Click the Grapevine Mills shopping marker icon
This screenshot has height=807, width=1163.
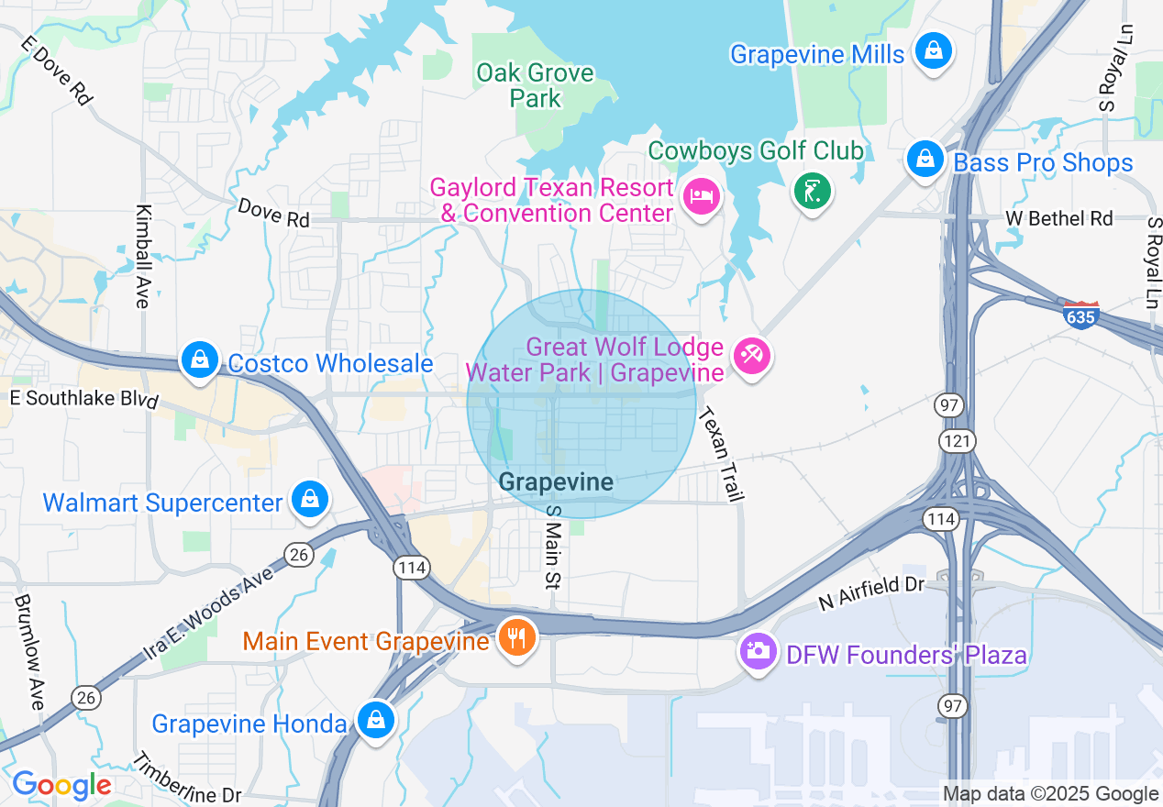click(933, 51)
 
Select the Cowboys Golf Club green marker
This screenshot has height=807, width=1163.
click(812, 191)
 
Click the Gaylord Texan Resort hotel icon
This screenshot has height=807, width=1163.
click(702, 195)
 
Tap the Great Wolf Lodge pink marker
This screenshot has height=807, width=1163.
click(753, 355)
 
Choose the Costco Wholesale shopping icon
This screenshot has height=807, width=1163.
click(199, 360)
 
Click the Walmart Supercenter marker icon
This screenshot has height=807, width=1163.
click(310, 500)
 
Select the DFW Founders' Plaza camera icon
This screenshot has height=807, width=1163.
click(758, 652)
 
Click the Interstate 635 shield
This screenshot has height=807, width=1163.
click(1081, 315)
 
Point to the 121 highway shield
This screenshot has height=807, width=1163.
click(950, 441)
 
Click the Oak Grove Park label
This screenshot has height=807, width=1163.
click(536, 85)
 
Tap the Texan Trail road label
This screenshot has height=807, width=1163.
click(720, 455)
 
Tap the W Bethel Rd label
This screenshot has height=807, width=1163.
click(1058, 218)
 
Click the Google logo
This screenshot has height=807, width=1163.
click(61, 785)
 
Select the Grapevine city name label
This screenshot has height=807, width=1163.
click(556, 481)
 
